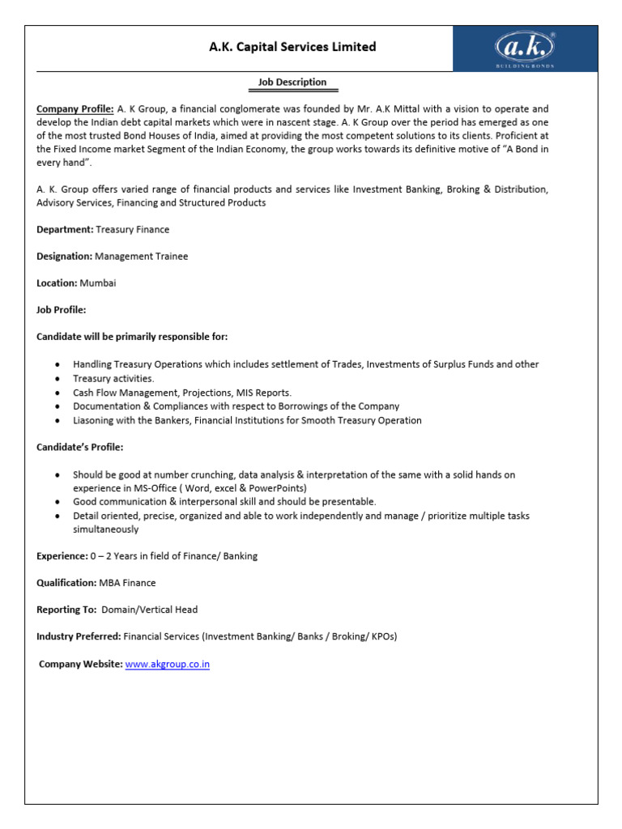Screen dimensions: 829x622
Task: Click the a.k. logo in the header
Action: (525, 48)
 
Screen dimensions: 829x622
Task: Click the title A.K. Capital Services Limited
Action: (292, 47)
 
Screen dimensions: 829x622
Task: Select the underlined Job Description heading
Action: (292, 83)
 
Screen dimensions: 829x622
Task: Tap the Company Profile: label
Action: (75, 108)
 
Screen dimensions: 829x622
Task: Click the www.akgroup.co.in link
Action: (168, 664)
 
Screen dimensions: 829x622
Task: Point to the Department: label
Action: (65, 230)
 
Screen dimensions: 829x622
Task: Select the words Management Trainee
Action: (142, 257)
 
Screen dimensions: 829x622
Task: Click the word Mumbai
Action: (98, 283)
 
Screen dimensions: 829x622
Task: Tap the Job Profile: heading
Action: (61, 310)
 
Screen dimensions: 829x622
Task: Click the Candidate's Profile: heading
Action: (80, 447)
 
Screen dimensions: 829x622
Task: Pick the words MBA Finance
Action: (128, 583)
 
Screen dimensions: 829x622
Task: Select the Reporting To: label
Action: (67, 610)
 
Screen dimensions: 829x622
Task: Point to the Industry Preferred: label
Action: (79, 636)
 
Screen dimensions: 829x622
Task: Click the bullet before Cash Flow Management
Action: (58, 393)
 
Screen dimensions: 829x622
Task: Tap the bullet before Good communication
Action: (58, 502)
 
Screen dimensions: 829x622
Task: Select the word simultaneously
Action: (106, 529)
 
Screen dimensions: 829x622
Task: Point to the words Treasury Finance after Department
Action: (133, 230)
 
